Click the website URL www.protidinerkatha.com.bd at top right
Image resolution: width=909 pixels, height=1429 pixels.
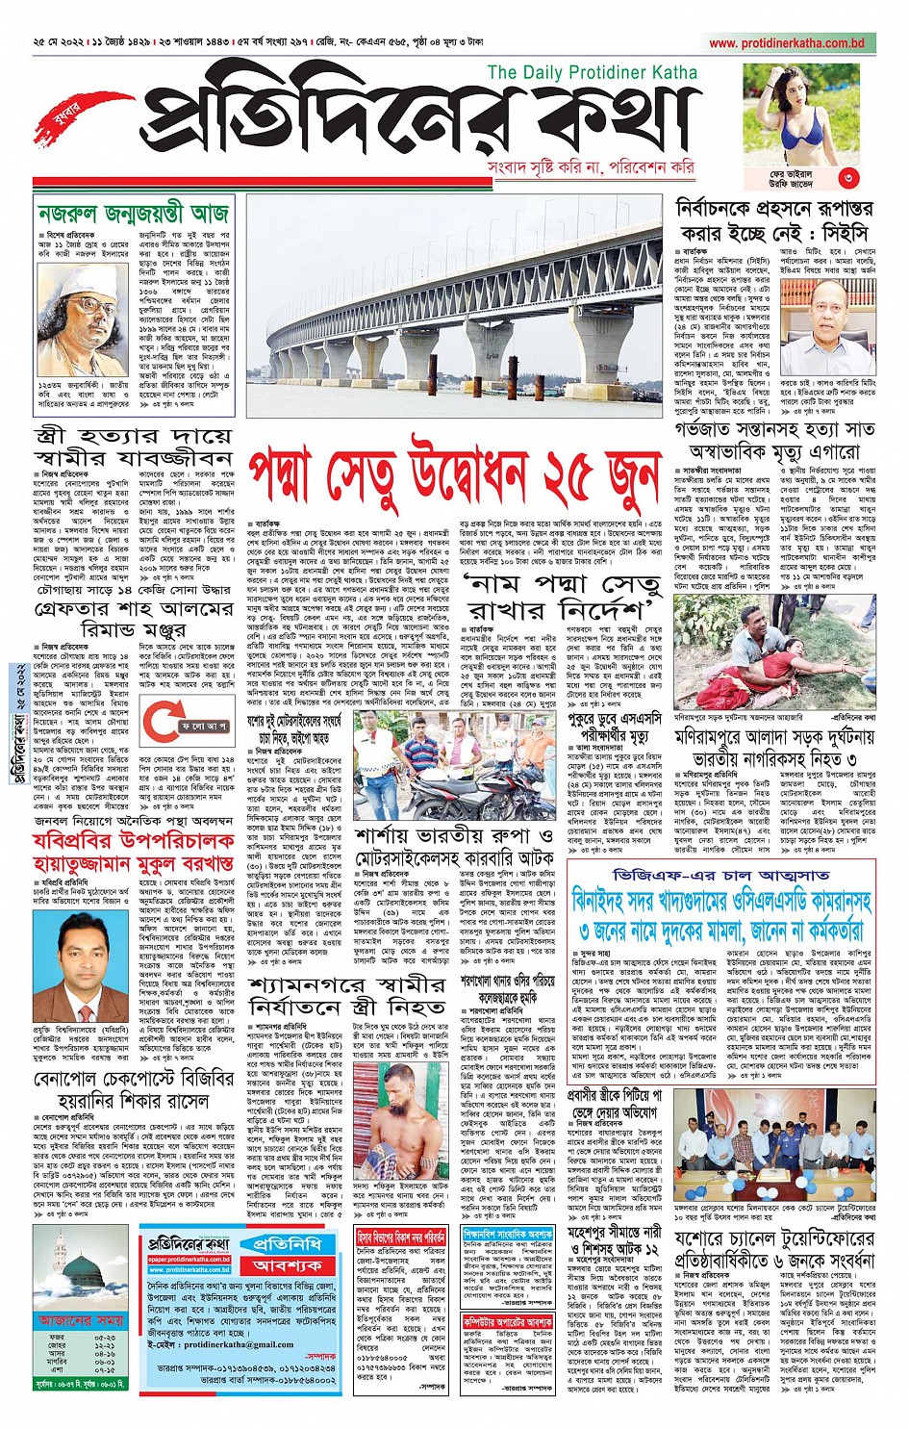coord(786,43)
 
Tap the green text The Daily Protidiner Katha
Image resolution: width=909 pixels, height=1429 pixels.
coord(592,72)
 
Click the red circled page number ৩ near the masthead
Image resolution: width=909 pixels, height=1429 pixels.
coord(846,177)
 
